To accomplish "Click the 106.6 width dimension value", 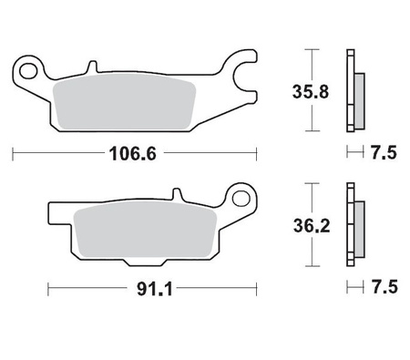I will click(x=135, y=154).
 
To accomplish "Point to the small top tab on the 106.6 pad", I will click(x=92, y=66).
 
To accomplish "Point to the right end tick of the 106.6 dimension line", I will click(x=258, y=154).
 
